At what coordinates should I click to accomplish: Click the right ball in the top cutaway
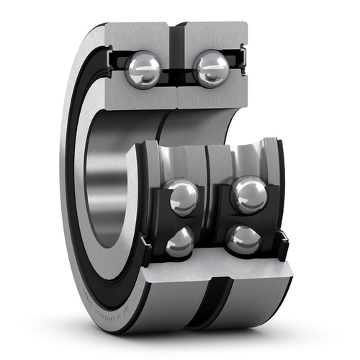pos(211,69)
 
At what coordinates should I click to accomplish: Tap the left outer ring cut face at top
pos(137,35)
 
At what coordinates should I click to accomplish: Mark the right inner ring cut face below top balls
pos(209,98)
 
